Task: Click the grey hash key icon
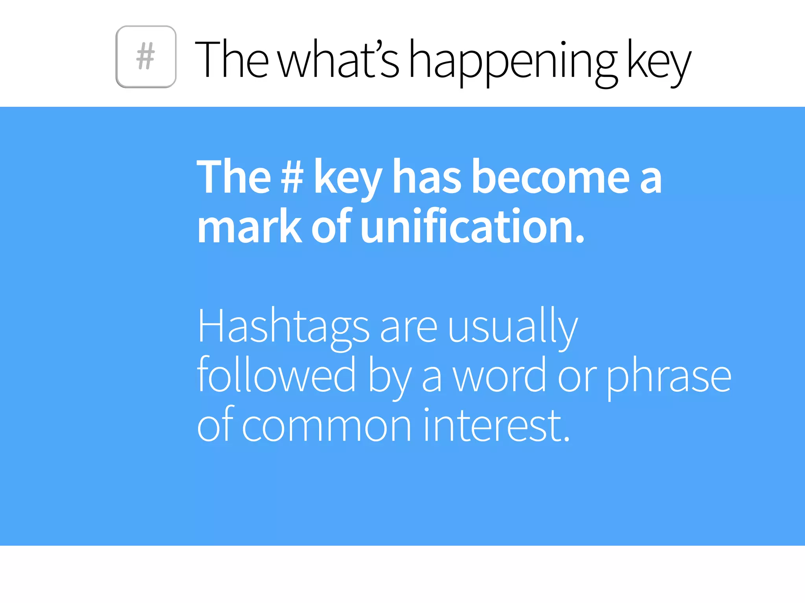point(146,57)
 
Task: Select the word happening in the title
point(513,61)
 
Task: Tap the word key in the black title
point(658,61)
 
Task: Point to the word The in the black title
point(232,59)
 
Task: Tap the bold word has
point(427,177)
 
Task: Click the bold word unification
point(472,227)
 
